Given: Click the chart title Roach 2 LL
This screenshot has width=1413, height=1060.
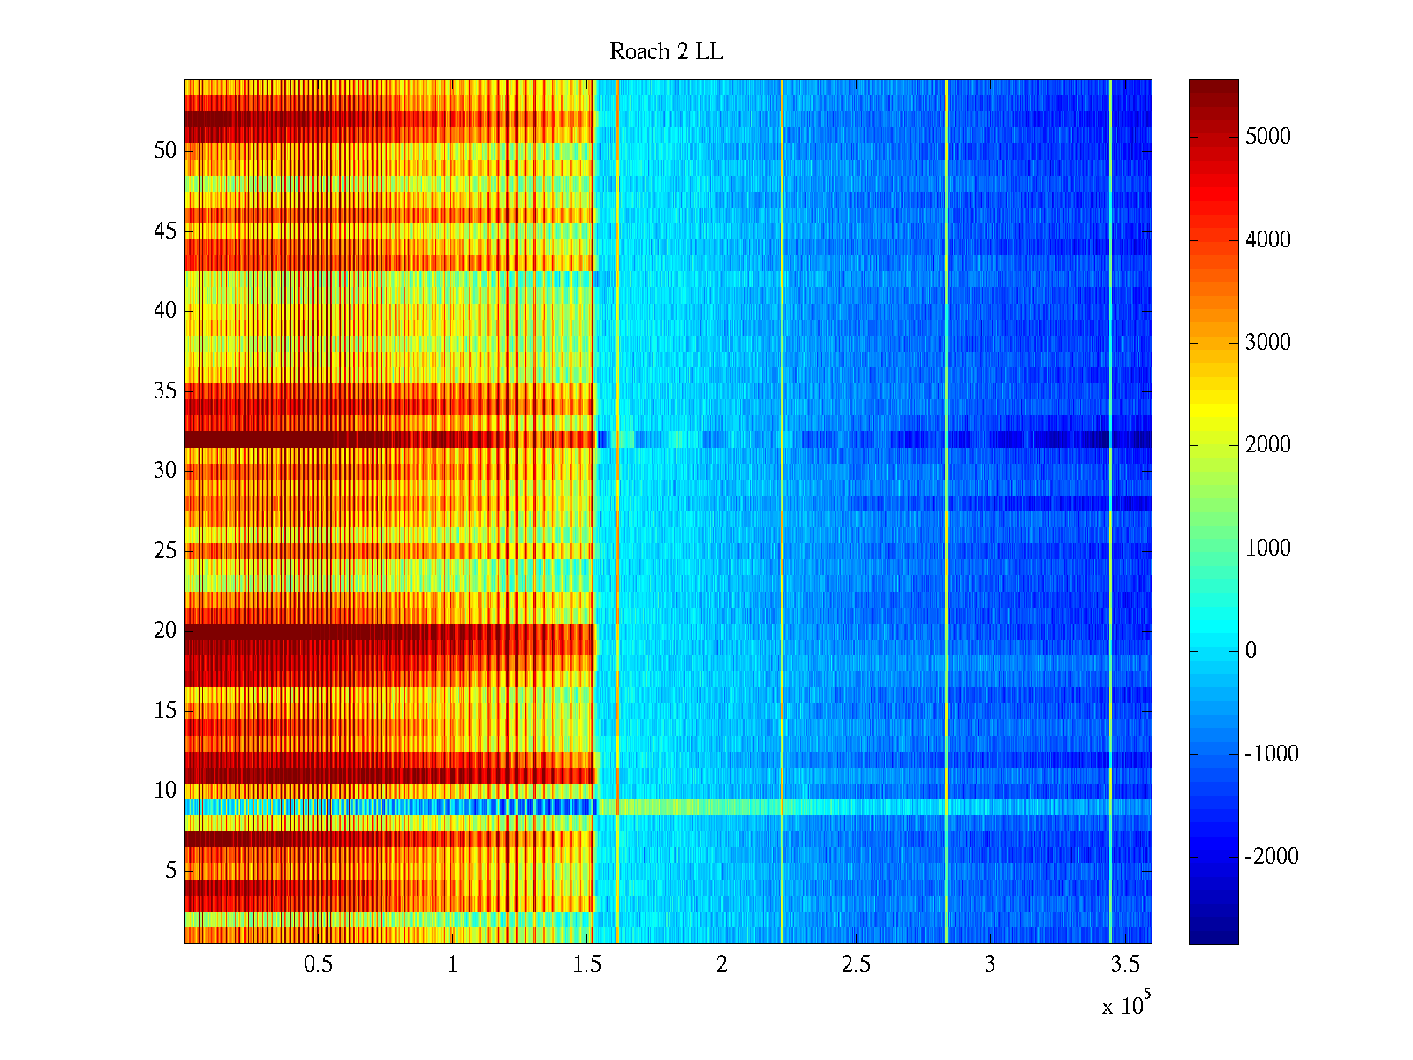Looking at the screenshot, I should click(666, 52).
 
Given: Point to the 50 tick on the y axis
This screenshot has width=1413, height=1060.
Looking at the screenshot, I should click(165, 150).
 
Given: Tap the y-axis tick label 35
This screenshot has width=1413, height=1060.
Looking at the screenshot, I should click(165, 390).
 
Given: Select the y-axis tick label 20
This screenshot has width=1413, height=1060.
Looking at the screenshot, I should click(165, 631).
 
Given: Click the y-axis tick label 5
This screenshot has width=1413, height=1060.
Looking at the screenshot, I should click(170, 871).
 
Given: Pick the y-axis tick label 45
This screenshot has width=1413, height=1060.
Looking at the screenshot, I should click(165, 231).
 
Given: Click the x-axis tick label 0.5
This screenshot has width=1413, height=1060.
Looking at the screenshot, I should click(318, 965).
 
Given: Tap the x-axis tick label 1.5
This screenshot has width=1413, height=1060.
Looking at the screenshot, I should click(586, 965).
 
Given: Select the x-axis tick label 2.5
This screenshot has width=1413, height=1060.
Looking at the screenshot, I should click(856, 965).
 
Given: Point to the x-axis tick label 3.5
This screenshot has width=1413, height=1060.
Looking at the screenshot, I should click(1124, 965).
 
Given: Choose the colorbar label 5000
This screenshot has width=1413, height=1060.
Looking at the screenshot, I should click(1268, 136).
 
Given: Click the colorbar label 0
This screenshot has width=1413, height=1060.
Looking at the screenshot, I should click(1251, 651).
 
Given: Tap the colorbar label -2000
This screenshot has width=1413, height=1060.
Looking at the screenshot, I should click(1272, 856).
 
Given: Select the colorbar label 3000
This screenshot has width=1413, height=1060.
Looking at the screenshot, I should click(1268, 343).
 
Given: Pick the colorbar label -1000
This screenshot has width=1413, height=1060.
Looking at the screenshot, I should click(1272, 753).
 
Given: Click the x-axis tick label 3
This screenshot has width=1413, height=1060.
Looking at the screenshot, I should click(990, 965).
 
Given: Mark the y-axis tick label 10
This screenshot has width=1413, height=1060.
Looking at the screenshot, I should click(165, 791).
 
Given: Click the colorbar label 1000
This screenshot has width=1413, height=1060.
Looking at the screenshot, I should click(1268, 548).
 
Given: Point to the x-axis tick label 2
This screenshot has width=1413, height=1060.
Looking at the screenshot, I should click(722, 965).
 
